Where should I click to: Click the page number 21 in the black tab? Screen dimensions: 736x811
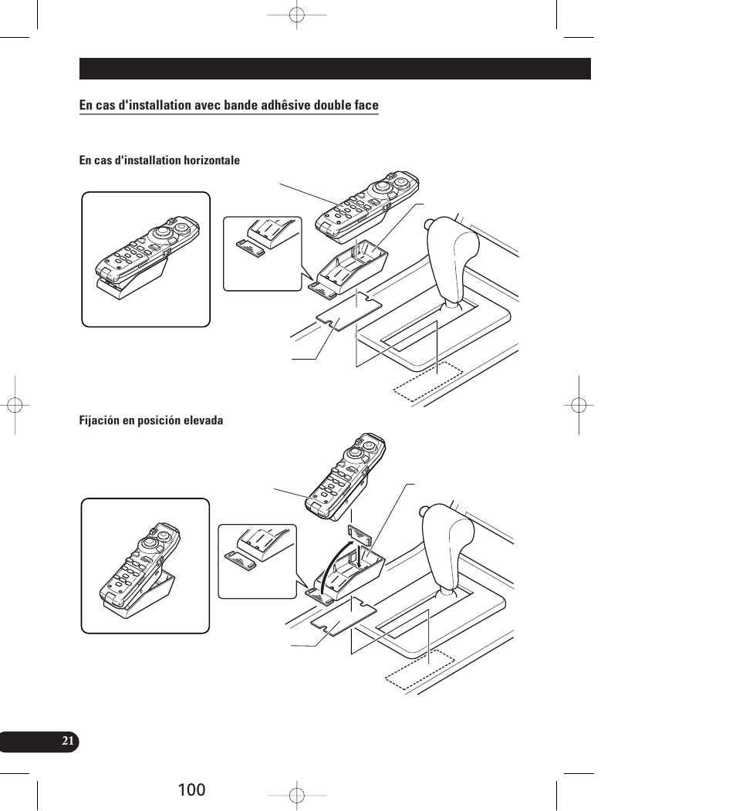tap(68, 741)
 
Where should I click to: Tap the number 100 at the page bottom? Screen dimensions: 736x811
tap(191, 790)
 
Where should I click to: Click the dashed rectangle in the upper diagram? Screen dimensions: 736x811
tap(428, 381)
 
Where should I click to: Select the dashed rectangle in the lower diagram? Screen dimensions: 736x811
tap(420, 670)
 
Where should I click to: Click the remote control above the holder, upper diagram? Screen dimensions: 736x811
tap(367, 204)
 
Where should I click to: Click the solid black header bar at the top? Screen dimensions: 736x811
tap(335, 69)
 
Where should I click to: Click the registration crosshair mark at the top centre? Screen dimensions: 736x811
tap(296, 15)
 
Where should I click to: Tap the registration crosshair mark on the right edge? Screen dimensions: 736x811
tap(579, 405)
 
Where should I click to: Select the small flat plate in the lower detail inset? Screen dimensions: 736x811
tap(241, 561)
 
